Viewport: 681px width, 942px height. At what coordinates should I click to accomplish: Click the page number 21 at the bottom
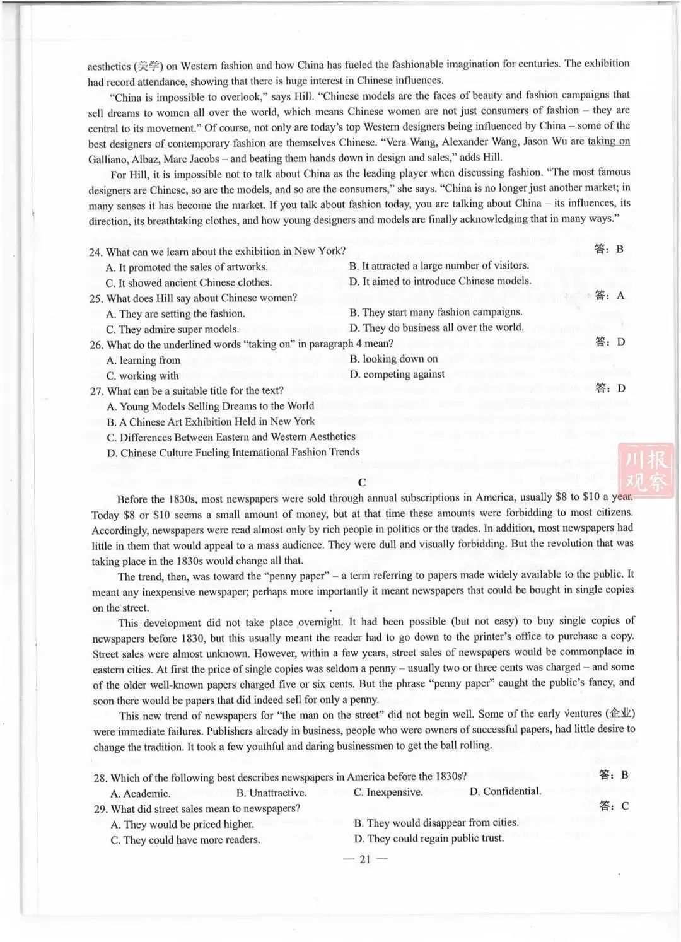tap(364, 859)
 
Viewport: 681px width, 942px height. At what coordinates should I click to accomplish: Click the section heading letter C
tap(362, 482)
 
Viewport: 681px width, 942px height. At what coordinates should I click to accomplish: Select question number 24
tap(96, 252)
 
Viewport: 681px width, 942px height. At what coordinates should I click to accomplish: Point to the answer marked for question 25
tap(620, 295)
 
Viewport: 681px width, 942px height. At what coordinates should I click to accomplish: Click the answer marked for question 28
tap(624, 774)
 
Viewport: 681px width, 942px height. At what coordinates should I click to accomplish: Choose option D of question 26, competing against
tap(397, 375)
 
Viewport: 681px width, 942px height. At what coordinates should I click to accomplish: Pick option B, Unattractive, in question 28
tap(271, 793)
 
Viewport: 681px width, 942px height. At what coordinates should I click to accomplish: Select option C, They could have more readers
tap(185, 840)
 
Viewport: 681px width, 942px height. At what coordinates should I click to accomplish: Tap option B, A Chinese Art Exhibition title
tap(211, 422)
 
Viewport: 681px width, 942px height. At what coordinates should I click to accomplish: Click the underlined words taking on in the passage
tap(608, 141)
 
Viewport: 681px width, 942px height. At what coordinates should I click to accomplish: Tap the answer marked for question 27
tap(621, 388)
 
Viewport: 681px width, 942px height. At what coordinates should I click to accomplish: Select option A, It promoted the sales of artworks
tap(187, 267)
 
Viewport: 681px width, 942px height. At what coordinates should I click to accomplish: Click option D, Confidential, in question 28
tap(505, 791)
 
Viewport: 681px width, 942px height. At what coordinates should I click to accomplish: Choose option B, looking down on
tap(393, 359)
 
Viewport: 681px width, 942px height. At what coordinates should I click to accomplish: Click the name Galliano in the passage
tap(108, 159)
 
